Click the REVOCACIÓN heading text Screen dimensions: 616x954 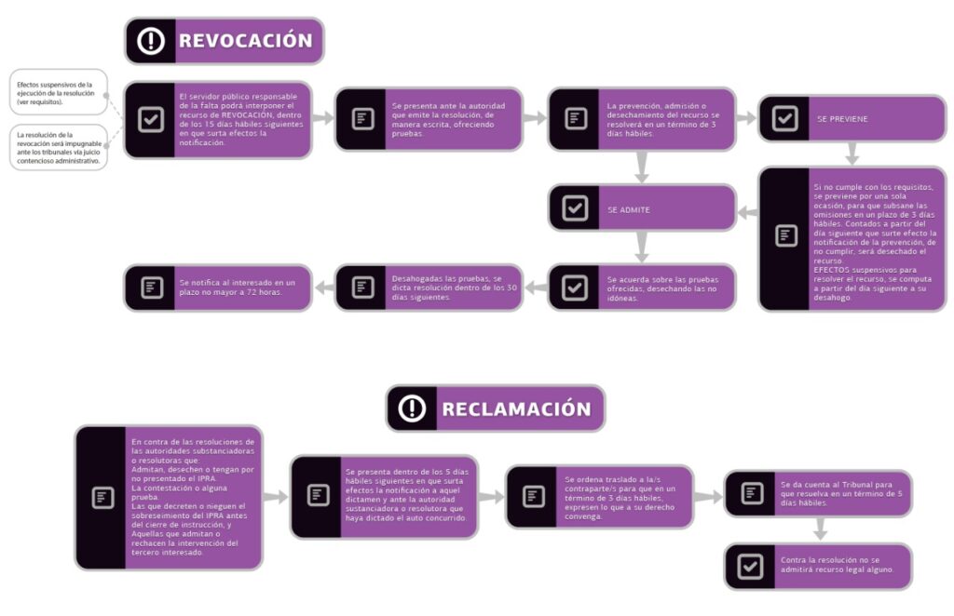(245, 41)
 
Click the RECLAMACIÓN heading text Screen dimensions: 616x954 (516, 409)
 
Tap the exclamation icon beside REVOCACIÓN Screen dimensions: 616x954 (151, 41)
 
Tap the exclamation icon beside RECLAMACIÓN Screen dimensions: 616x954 (412, 409)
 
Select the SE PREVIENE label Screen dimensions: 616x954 (841, 120)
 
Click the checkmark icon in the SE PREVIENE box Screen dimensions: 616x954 (784, 119)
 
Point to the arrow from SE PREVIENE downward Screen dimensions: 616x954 (852, 154)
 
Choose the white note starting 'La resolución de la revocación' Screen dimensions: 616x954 (58, 147)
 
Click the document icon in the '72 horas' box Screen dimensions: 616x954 (151, 288)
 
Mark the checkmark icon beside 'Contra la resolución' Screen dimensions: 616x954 (750, 567)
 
